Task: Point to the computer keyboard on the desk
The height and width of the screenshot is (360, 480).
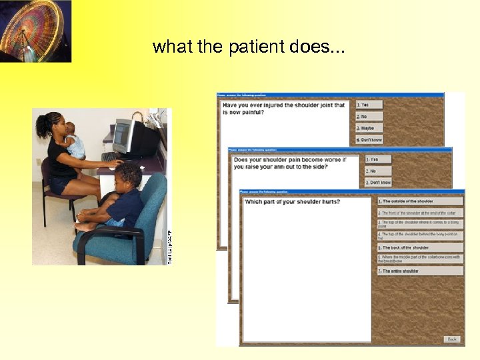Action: tap(110, 158)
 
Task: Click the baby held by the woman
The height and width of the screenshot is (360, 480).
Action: tap(73, 141)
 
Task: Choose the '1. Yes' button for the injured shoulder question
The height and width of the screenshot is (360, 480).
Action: tap(369, 105)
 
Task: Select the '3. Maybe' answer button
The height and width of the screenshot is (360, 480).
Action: tap(369, 127)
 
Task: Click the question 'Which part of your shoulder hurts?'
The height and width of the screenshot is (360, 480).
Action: tap(292, 201)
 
